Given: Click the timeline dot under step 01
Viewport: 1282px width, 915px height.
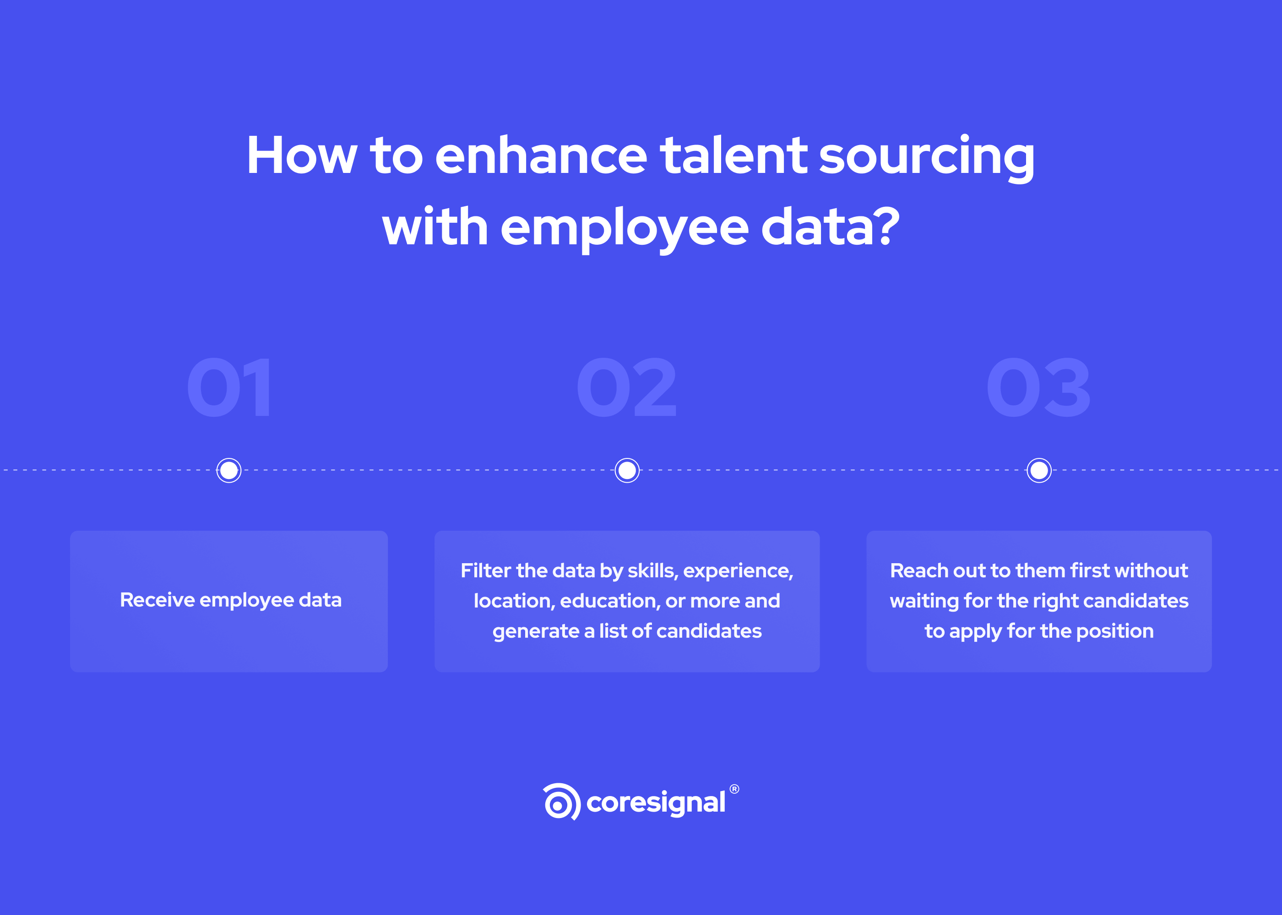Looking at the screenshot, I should [229, 470].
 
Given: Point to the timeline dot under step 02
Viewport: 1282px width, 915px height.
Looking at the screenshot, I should [627, 470].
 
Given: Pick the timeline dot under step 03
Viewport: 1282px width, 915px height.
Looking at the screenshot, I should [1039, 470].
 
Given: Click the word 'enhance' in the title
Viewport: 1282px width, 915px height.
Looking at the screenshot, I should [541, 156].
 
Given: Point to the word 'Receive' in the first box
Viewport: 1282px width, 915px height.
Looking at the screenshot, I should [157, 600].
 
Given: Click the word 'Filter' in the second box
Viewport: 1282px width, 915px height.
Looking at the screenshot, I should [485, 571].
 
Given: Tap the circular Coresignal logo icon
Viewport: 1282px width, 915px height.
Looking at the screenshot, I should [561, 802].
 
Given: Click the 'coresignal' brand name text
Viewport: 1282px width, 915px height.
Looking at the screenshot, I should [656, 803].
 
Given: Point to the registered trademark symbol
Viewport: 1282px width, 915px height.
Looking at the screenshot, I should [734, 789].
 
